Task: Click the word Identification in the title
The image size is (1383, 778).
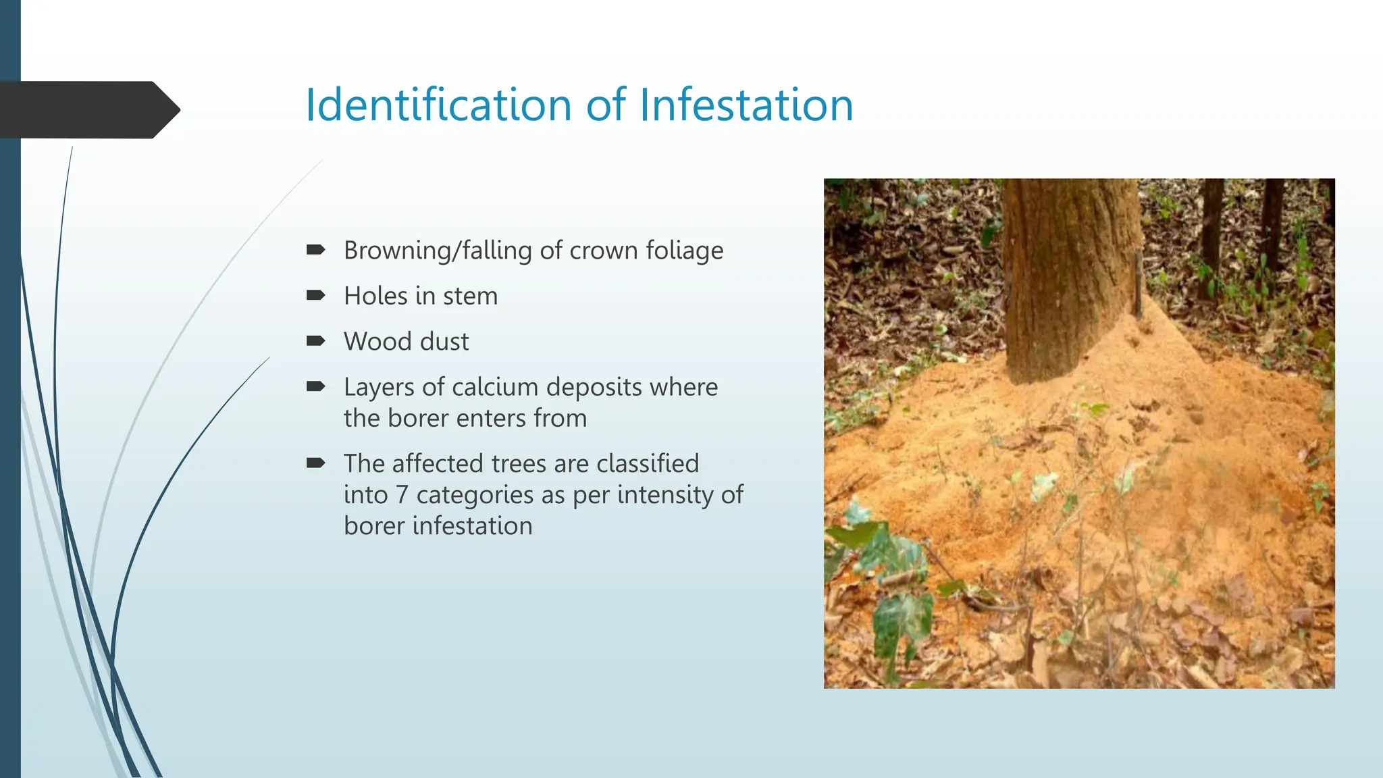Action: click(439, 105)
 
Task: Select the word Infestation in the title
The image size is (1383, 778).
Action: click(746, 105)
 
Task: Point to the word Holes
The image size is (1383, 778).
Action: click(375, 296)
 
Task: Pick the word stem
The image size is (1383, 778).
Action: click(470, 296)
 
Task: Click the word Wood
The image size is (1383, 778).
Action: click(374, 342)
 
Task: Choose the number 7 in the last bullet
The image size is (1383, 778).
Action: click(402, 495)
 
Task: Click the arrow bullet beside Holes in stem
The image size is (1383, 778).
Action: click(315, 295)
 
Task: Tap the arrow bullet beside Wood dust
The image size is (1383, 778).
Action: click(315, 340)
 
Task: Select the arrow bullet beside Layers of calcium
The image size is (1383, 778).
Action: click(315, 386)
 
